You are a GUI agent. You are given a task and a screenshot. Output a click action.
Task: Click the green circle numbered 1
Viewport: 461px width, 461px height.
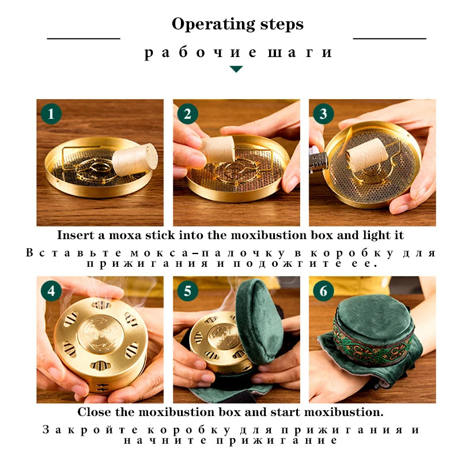[51, 114]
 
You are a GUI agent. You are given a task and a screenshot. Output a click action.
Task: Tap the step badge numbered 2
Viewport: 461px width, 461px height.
[187, 114]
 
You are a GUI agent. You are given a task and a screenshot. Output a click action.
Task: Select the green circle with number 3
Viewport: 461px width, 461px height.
[323, 114]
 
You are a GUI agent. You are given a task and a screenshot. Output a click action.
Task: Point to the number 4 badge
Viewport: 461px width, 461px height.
[51, 291]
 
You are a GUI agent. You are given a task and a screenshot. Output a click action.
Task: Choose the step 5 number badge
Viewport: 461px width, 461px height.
[187, 291]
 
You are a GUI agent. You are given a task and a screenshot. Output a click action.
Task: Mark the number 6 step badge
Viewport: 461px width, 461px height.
[323, 291]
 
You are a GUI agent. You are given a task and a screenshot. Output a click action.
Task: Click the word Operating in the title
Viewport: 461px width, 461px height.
[213, 24]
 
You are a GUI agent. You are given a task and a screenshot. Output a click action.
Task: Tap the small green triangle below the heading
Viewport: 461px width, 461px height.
[236, 69]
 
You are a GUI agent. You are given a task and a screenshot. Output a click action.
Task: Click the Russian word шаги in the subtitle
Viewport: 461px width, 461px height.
[300, 52]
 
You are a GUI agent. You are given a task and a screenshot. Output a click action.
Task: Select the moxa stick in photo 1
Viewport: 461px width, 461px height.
[135, 160]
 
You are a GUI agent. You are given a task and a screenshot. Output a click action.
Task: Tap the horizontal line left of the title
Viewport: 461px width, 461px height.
[84, 38]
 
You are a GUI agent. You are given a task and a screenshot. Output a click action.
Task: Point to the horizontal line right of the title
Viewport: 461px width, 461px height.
[390, 38]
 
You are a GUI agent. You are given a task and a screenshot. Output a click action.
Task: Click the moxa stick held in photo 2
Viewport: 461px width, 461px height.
[218, 149]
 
